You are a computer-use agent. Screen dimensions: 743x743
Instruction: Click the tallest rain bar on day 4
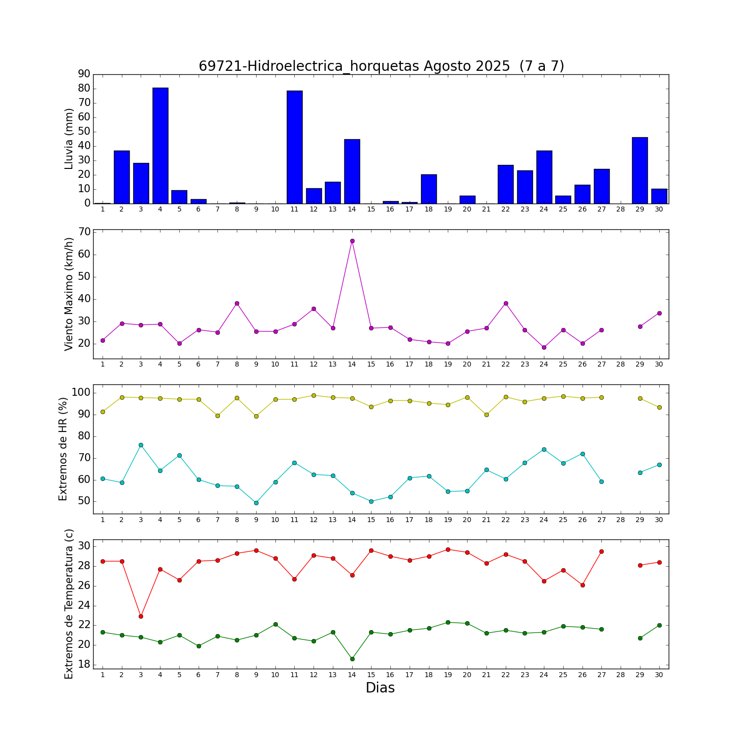point(160,146)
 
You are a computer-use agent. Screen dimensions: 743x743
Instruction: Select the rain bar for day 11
point(294,147)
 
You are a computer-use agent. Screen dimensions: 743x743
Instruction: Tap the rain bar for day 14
point(352,171)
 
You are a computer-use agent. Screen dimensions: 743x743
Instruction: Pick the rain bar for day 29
point(639,170)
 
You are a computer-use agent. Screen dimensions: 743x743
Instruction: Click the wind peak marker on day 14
point(352,241)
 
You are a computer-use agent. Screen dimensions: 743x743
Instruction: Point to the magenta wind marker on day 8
point(237,303)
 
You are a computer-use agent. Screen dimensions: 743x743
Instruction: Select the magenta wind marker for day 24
point(544,347)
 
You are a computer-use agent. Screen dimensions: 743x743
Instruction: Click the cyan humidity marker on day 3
point(141,445)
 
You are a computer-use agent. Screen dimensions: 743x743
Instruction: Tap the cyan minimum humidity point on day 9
point(256,503)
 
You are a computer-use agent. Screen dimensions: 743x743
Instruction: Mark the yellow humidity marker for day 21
point(486,415)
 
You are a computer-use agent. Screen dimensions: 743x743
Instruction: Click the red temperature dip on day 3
point(141,616)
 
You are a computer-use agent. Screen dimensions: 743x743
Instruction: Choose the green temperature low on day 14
point(352,659)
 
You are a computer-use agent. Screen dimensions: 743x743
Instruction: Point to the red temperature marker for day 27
point(601,551)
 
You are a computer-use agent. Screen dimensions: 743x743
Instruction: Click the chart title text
point(381,66)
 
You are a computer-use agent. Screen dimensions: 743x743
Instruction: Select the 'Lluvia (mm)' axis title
point(69,139)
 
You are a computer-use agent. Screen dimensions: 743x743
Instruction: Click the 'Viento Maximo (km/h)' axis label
point(69,294)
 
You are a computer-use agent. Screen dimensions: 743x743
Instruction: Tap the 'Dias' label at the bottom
point(380,688)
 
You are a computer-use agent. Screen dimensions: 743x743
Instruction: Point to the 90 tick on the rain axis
point(84,74)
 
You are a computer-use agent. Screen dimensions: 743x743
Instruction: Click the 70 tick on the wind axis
point(85,232)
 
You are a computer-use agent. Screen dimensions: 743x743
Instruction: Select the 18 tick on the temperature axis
point(85,664)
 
